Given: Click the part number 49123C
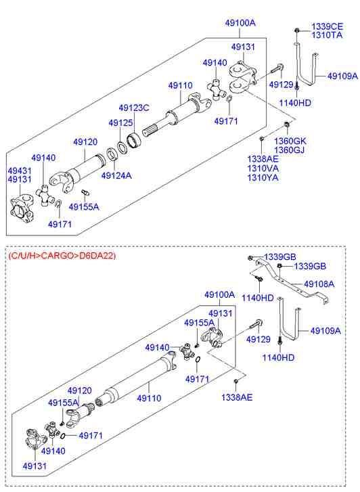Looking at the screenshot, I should click(x=133, y=107).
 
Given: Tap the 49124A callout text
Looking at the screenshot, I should click(x=116, y=176).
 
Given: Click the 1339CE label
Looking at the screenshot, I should click(x=328, y=26).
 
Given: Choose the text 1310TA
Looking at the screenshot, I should click(x=327, y=35).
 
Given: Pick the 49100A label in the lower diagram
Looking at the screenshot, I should click(x=220, y=295).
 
